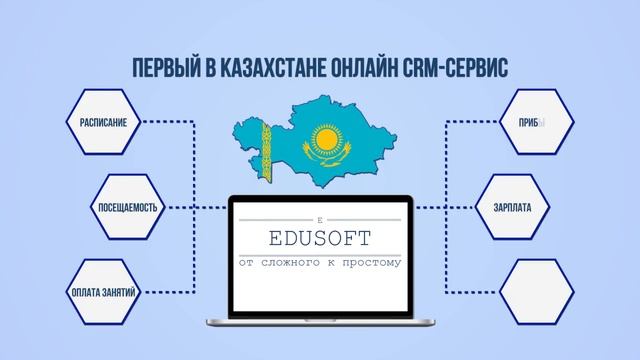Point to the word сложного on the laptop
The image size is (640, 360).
pos(303,263)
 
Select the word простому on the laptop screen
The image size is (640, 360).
pos(371,263)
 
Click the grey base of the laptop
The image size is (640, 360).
pos(320,323)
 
